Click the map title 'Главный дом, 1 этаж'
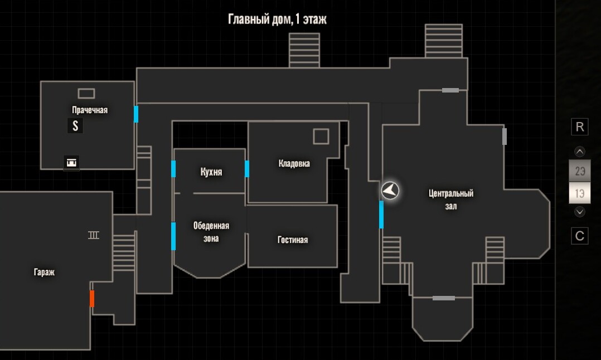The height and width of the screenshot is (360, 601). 277,19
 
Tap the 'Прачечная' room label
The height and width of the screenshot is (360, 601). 90,110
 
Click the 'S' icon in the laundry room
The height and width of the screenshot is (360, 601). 75,125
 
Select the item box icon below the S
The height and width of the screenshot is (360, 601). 71,163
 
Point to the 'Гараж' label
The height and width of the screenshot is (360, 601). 44,273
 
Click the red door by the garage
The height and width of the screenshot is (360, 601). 92,299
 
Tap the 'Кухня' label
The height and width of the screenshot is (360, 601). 211,172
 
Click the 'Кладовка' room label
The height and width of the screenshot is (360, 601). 294,163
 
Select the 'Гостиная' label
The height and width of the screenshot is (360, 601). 293,240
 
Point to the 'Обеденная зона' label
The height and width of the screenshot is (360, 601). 211,232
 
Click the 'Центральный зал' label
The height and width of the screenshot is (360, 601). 450,200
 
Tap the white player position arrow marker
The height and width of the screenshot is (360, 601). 390,191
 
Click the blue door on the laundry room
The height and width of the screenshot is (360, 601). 136,114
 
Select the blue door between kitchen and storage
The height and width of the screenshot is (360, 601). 247,169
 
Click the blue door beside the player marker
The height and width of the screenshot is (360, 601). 381,215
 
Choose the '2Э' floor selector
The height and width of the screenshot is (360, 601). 580,171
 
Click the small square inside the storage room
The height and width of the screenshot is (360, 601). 321,137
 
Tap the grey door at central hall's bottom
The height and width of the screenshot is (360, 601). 444,298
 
